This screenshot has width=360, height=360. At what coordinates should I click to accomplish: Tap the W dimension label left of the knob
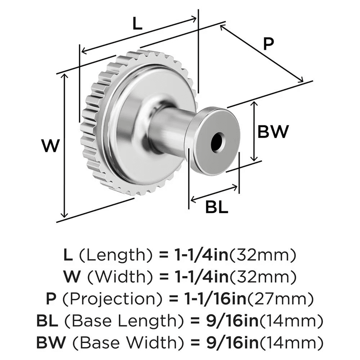[x=50, y=146]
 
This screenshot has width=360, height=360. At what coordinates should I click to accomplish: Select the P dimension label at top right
[x=268, y=44]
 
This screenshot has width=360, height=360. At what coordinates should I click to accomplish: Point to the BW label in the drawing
[x=273, y=132]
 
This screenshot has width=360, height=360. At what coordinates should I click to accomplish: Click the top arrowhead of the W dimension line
[x=65, y=74]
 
